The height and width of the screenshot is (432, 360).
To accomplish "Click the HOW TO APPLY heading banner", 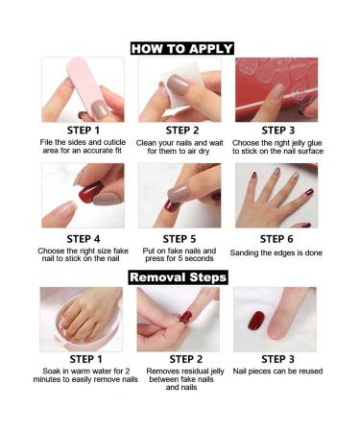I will pos(181,48).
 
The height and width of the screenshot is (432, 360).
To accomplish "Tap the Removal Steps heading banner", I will pos(180,277).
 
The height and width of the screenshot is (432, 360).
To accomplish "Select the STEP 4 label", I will pos(83,239).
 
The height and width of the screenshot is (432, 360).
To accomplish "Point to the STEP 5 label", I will pos(180,239).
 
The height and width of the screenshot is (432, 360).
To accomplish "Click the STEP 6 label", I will pos(276,239).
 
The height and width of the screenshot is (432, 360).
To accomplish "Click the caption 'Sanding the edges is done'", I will pos(276,252).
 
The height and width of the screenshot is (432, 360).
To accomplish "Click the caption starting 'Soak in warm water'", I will pos(83,375).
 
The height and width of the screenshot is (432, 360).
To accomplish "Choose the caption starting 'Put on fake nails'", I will pos(180,256).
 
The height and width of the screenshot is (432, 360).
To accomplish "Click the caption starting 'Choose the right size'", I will pos(83,256).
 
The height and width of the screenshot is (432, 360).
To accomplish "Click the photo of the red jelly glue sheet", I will pos(276,89).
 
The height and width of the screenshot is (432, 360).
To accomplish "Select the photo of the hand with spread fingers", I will pos(276,196).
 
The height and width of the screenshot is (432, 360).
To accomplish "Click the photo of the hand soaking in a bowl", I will pos(82,319).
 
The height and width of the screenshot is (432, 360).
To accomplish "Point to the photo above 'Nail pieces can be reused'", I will pos(276,319).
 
